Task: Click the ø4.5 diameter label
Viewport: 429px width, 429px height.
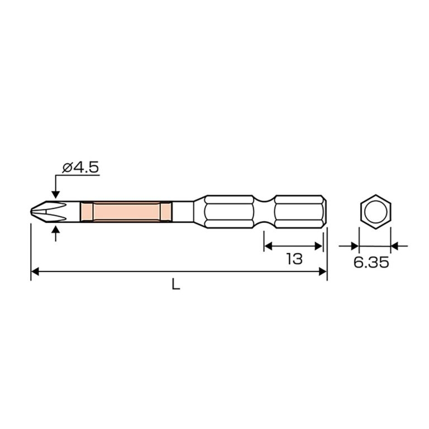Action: point(80,168)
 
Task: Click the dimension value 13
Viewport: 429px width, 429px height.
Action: point(294,259)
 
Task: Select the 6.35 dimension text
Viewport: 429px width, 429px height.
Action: point(371,263)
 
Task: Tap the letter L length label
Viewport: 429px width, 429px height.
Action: point(175,284)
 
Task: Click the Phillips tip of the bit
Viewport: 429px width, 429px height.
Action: point(48,212)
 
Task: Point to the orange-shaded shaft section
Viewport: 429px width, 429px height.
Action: point(126,212)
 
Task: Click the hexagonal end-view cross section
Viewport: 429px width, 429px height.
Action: point(375,212)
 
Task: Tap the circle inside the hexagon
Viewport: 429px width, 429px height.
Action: point(375,212)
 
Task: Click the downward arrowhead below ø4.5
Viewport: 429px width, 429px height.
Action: point(55,194)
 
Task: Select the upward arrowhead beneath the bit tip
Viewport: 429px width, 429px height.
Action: point(55,229)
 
